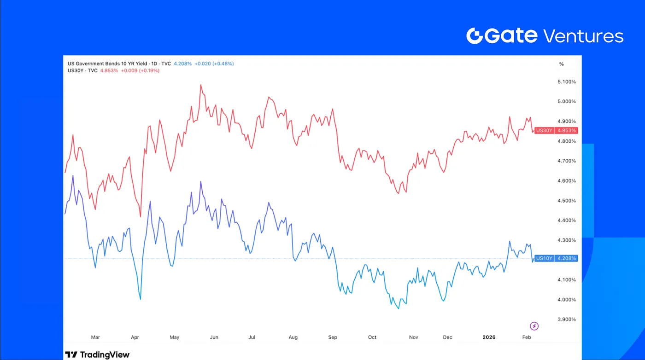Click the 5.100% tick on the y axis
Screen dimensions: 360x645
[x=567, y=82]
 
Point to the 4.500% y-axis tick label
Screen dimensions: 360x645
[x=567, y=201]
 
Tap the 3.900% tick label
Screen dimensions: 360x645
[x=567, y=319]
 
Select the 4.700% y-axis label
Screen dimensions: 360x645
[x=567, y=161]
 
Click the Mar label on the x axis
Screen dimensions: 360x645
[x=95, y=337]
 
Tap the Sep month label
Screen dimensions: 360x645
[x=333, y=337]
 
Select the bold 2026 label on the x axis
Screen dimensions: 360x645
[x=489, y=337]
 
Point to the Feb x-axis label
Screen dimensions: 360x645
[x=527, y=337]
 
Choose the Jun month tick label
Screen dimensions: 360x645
[x=214, y=337]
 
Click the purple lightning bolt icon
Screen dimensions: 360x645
[x=534, y=326]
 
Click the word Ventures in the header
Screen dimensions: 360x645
[x=583, y=36]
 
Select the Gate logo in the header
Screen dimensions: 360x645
[x=501, y=36]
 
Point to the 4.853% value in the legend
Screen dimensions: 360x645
[x=109, y=70]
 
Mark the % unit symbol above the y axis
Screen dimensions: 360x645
[x=561, y=64]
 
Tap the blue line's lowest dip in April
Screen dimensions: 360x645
[x=140, y=299]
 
